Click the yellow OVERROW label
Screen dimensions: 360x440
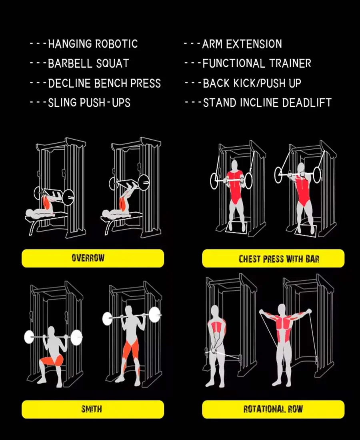point(92,258)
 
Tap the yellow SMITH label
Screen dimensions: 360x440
point(92,409)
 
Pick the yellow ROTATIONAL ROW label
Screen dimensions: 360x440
point(273,409)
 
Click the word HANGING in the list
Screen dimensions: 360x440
point(70,44)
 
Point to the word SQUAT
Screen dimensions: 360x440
point(112,64)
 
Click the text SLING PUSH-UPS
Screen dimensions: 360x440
point(89,103)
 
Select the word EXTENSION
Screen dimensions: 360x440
point(254,44)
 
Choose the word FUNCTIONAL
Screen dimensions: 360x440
point(234,64)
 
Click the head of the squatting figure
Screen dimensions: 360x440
point(51,332)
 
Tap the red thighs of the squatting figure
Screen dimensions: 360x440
point(52,360)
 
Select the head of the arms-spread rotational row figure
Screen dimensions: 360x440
point(281,309)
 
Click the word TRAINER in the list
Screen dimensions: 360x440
point(290,64)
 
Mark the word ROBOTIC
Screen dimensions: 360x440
point(116,44)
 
